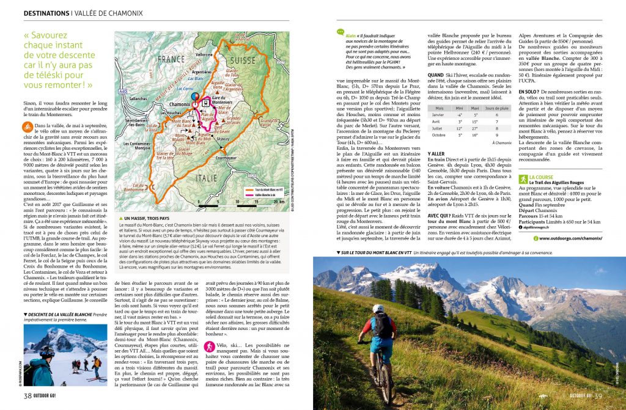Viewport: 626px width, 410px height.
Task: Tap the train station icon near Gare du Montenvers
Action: (204, 104)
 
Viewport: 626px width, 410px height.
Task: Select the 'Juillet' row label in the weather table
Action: (438, 129)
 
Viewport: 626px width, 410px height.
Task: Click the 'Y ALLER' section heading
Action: (436, 154)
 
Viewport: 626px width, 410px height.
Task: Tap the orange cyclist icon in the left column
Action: (27, 127)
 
